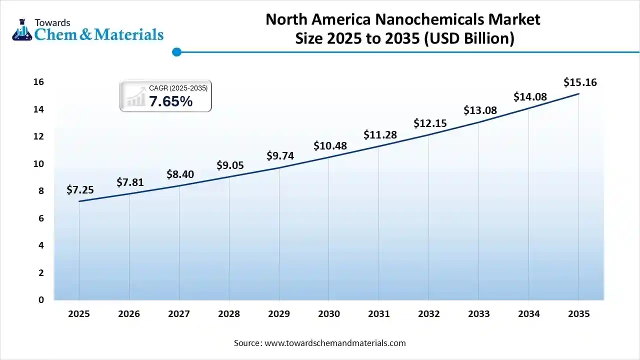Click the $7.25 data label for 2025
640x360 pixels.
pyautogui.click(x=80, y=190)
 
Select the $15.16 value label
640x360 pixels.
pyautogui.click(x=580, y=82)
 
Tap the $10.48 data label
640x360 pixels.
pyautogui.click(x=330, y=146)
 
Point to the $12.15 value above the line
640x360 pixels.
pyautogui.click(x=430, y=123)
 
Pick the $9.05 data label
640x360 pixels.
pyautogui.click(x=230, y=165)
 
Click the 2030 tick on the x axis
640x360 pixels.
pyautogui.click(x=329, y=314)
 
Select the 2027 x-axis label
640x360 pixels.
pyautogui.click(x=179, y=314)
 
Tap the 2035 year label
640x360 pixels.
pyautogui.click(x=579, y=314)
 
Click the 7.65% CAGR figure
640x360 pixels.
pyautogui.click(x=170, y=101)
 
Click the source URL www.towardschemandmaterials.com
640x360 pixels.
pyautogui.click(x=334, y=343)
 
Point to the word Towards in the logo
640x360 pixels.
pyautogui.click(x=52, y=22)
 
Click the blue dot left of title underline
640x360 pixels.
pyautogui.click(x=176, y=51)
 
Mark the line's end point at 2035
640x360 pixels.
pyautogui.click(x=579, y=93)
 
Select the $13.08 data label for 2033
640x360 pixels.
pyautogui.click(x=480, y=110)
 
